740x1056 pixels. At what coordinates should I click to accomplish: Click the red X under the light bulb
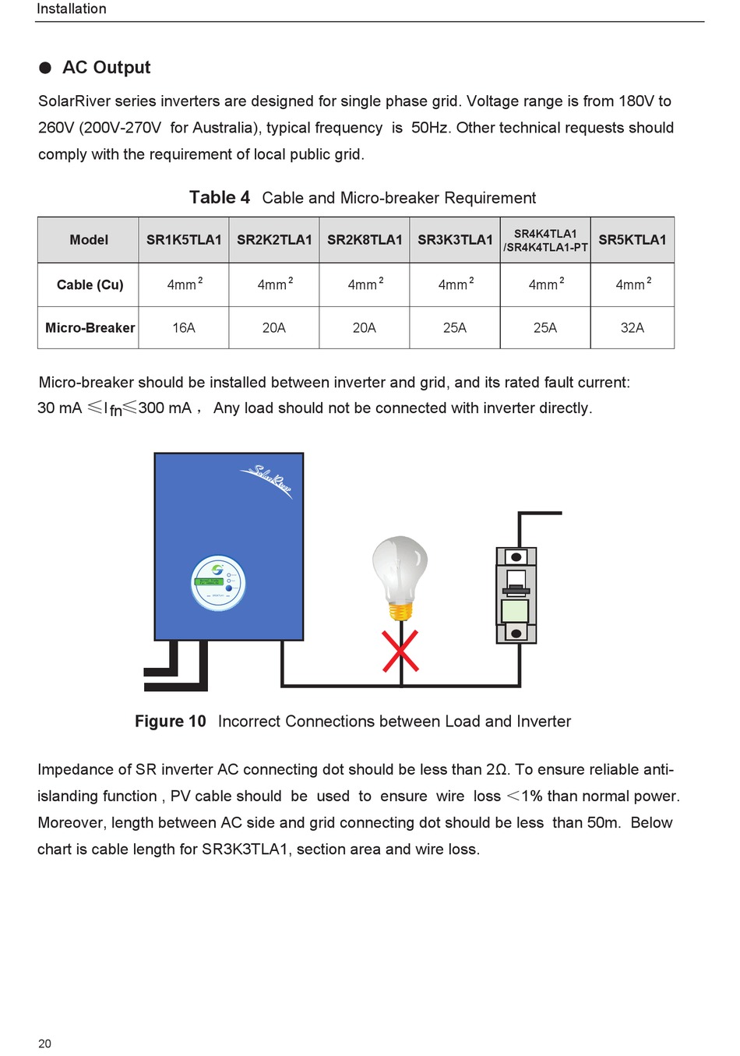click(x=400, y=651)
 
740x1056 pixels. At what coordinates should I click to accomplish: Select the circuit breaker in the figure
click(x=516, y=595)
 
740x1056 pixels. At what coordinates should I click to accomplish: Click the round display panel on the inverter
click(x=219, y=583)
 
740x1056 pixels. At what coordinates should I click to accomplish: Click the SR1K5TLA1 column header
click(x=184, y=240)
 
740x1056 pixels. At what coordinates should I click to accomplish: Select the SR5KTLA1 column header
click(x=632, y=240)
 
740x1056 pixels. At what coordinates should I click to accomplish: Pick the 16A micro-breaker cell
click(x=184, y=328)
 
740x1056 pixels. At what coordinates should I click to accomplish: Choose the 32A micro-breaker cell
click(x=632, y=328)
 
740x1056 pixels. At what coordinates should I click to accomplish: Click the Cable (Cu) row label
click(x=90, y=285)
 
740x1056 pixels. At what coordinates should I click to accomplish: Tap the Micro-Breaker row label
click(x=90, y=328)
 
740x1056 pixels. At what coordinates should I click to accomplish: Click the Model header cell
click(x=89, y=240)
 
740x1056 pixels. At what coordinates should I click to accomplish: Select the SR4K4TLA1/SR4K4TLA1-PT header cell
click(x=545, y=240)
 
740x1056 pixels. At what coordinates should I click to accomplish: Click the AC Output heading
click(x=106, y=68)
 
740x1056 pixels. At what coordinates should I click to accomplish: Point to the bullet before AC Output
click(x=45, y=68)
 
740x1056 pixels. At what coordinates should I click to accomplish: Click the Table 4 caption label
click(x=220, y=198)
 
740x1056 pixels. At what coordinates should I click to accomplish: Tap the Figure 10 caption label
click(x=170, y=722)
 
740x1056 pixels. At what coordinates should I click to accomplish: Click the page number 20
click(x=44, y=1044)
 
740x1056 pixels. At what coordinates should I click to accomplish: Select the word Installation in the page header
click(x=72, y=9)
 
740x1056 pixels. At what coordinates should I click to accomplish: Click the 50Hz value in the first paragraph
click(x=430, y=128)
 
